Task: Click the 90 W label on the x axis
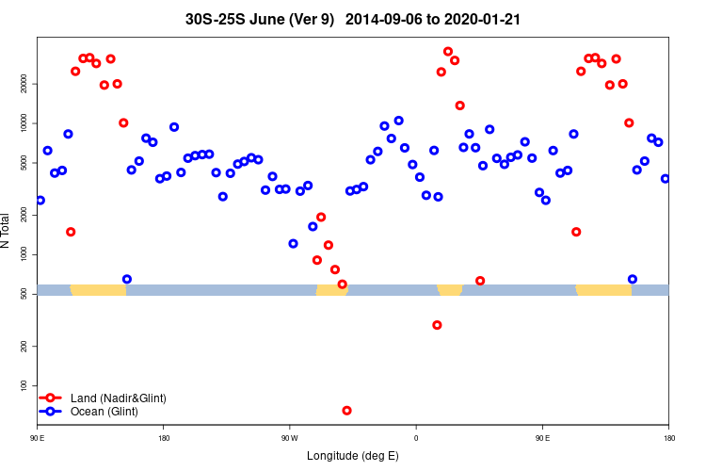click(289, 438)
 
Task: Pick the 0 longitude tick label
click(416, 438)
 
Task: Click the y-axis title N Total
click(6, 230)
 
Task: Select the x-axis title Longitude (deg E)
click(353, 456)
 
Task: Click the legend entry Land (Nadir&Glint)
click(119, 398)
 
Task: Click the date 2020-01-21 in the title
click(486, 18)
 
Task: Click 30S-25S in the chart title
click(213, 18)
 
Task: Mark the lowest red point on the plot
click(347, 411)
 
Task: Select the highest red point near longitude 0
click(448, 52)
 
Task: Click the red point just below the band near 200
click(437, 325)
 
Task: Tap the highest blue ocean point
click(399, 121)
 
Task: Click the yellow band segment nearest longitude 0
click(450, 290)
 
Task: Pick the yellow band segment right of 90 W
click(331, 290)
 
